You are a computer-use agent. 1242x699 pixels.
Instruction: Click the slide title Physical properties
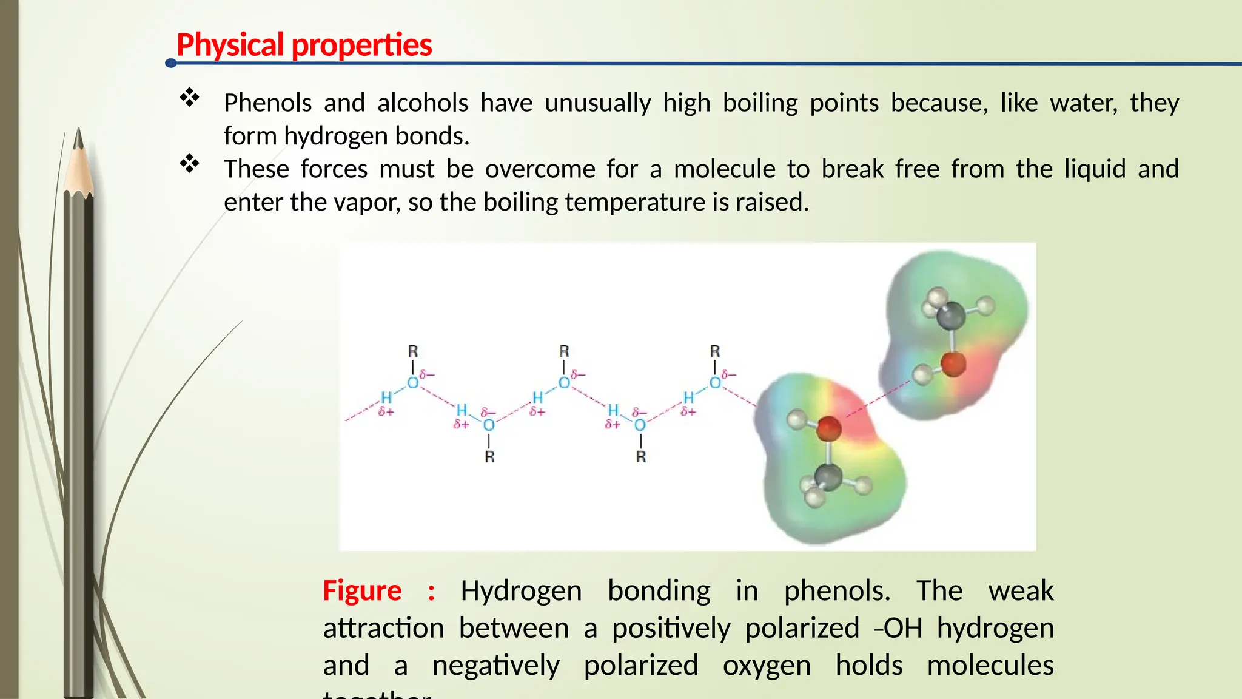pos(304,45)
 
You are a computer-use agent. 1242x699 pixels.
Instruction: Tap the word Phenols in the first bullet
pos(267,103)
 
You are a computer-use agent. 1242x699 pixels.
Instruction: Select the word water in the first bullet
pos(1084,103)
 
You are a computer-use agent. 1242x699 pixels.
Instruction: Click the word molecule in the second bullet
pos(724,169)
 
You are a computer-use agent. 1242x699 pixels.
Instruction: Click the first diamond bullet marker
pos(189,98)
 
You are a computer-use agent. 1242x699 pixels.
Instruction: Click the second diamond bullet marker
pos(189,163)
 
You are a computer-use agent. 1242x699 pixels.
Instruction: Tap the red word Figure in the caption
pos(362,591)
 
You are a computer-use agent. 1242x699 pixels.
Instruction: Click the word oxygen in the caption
pos(767,666)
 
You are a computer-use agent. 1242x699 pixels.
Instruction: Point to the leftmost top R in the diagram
pos(413,351)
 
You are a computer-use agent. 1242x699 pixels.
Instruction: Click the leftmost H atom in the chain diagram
pos(386,397)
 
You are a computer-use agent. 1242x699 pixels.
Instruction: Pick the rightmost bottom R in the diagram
pos(641,457)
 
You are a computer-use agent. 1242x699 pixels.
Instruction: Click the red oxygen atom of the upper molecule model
pos(953,364)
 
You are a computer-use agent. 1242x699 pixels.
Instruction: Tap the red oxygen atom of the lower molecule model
pos(828,428)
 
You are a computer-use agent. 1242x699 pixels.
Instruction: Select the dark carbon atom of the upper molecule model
pos(950,316)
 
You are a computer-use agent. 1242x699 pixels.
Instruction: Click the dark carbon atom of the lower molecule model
pos(828,477)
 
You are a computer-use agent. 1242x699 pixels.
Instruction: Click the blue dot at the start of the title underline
pos(171,63)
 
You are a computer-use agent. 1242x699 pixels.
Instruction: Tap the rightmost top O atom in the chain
pos(715,383)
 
